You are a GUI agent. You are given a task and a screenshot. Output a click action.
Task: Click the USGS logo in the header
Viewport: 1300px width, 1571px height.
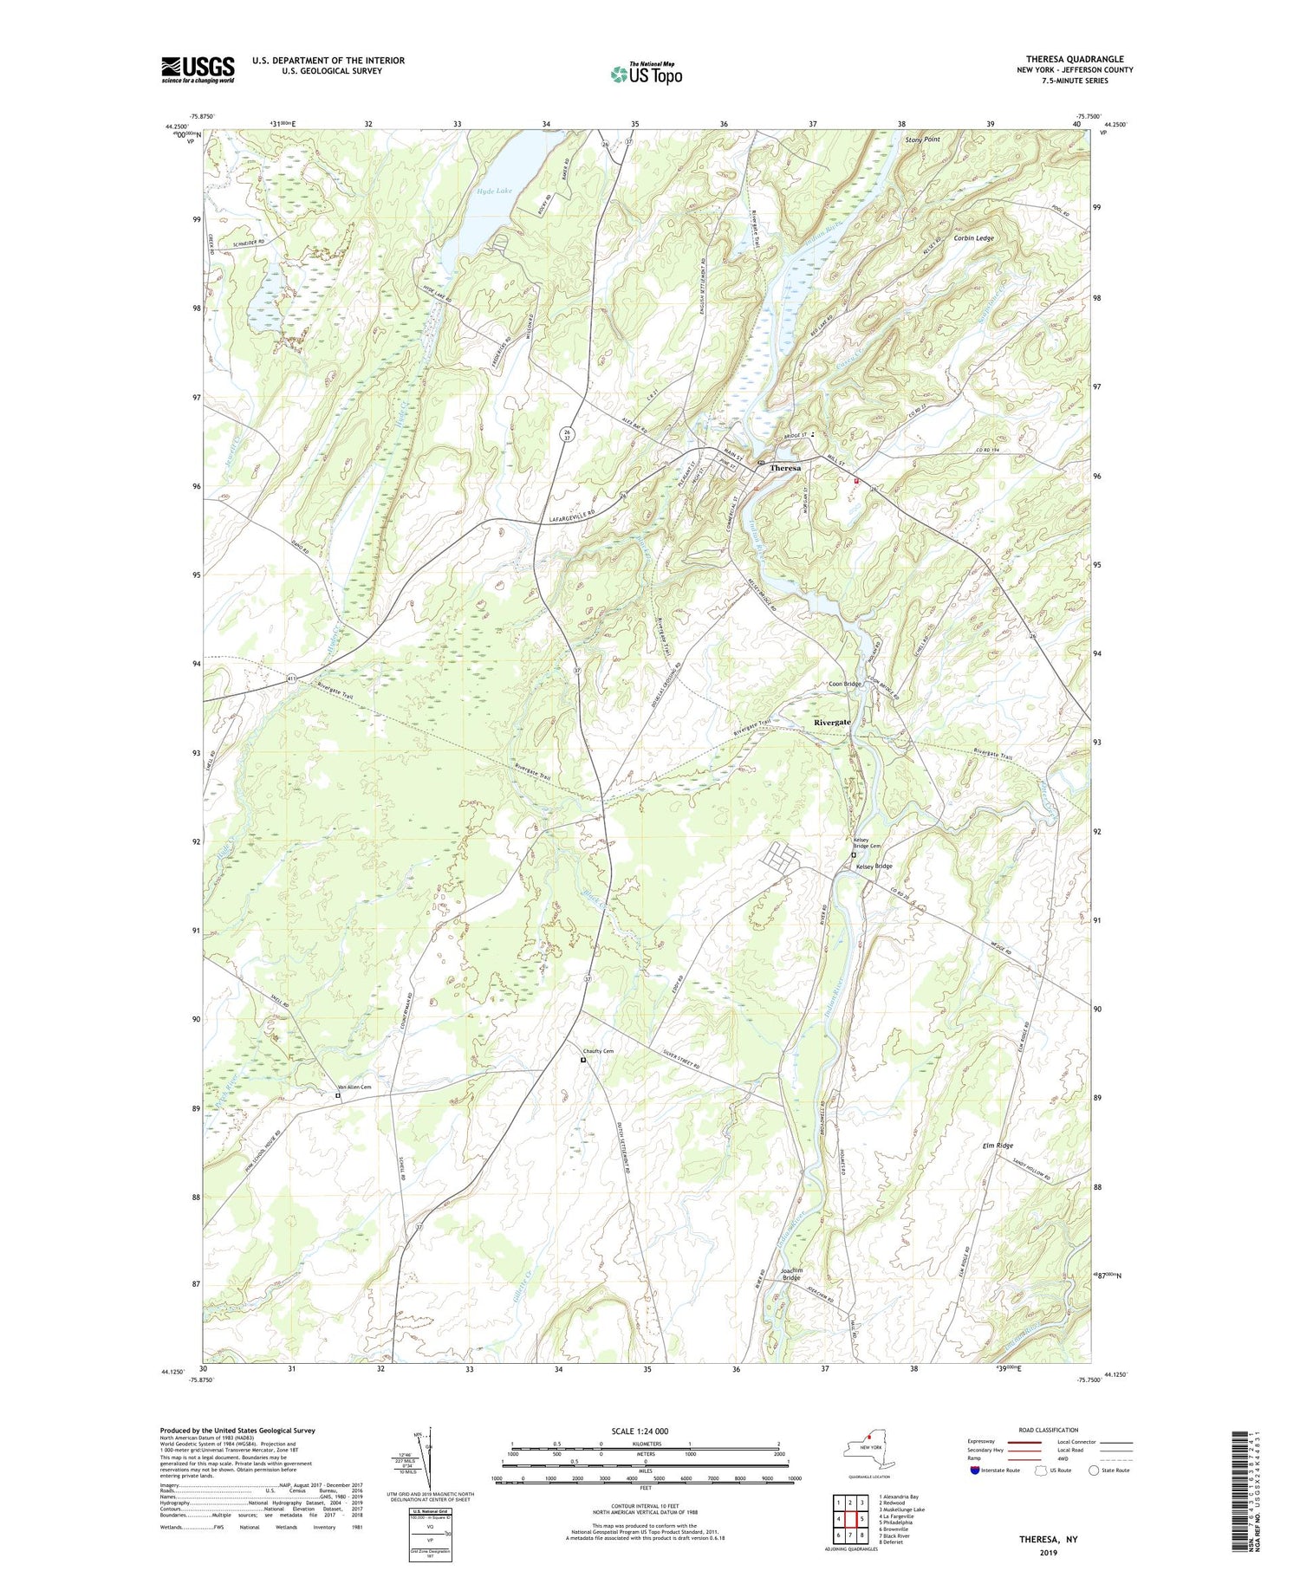pos(198,69)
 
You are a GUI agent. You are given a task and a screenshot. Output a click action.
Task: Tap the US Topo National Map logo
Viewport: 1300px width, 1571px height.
pos(646,75)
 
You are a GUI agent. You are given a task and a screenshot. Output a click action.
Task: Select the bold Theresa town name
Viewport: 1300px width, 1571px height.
pos(785,468)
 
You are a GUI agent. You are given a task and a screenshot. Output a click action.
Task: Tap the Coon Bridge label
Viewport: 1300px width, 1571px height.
pos(844,684)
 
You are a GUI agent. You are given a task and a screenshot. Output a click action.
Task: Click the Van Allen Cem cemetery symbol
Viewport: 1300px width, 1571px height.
pos(338,1096)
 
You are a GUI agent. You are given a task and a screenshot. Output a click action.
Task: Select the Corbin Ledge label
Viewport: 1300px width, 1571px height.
pos(973,237)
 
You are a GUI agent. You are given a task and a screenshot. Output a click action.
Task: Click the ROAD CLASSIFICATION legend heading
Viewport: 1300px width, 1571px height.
pos(1049,1430)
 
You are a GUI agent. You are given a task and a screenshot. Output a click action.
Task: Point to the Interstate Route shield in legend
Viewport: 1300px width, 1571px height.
pos(975,1470)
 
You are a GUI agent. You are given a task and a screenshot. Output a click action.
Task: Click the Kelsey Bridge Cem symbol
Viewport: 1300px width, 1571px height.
pos(853,854)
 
